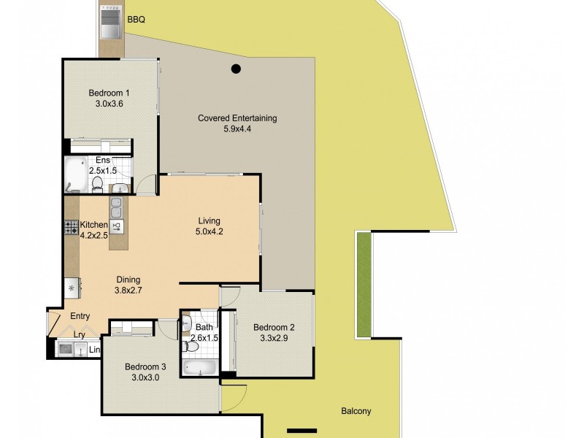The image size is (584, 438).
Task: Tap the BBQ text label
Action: pyautogui.click(x=137, y=20)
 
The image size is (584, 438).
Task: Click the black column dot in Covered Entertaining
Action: pyautogui.click(x=236, y=70)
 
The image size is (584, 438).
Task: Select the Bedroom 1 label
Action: pyautogui.click(x=109, y=93)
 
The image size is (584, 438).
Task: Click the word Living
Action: pyautogui.click(x=209, y=221)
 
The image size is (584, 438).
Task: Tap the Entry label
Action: pyautogui.click(x=80, y=316)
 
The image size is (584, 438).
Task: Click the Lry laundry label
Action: pyautogui.click(x=80, y=335)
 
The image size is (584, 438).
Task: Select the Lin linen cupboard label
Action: pyautogui.click(x=94, y=350)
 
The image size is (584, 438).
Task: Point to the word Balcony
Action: pyautogui.click(x=356, y=411)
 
